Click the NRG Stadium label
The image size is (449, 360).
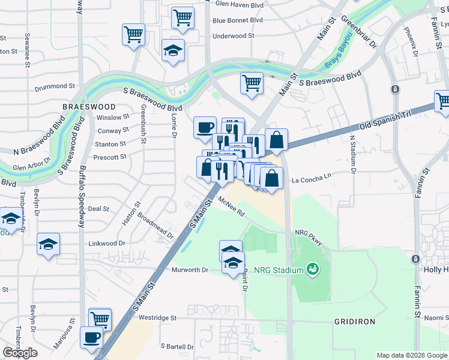(279, 270)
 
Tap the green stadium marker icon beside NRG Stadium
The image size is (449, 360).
(312, 269)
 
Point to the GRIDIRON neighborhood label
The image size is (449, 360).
(355, 322)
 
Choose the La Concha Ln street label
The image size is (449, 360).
(312, 179)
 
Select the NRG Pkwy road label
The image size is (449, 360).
(309, 233)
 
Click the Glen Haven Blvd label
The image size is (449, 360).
(239, 4)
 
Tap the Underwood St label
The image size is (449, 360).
(234, 36)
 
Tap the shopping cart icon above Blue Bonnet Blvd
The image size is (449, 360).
(182, 17)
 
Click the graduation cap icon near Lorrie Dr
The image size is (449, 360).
(173, 50)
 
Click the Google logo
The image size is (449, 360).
(20, 353)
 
